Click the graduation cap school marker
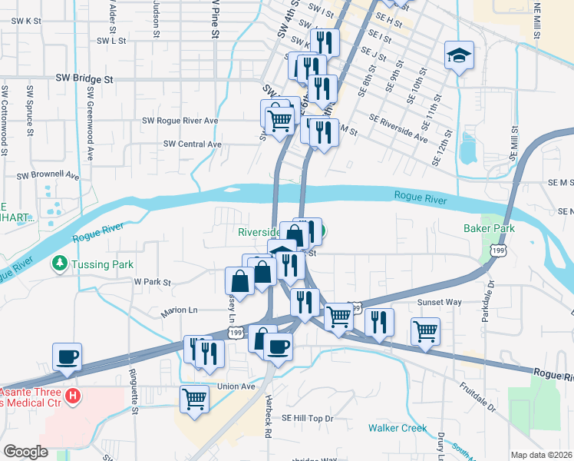(459, 55)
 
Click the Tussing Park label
(92, 264)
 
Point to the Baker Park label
(488, 228)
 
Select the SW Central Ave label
(193, 144)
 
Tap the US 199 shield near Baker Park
(499, 251)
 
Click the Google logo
(26, 452)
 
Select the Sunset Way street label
(439, 302)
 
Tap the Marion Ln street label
(179, 311)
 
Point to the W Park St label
(152, 282)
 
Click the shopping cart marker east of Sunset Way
(425, 331)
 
